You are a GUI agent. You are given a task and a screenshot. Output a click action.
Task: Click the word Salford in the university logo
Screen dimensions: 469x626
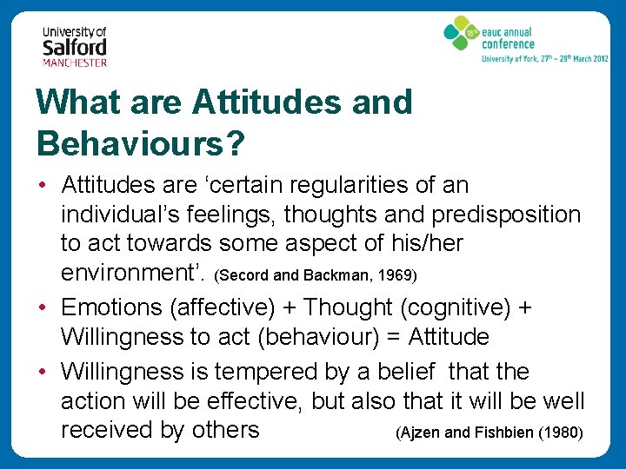click(x=75, y=47)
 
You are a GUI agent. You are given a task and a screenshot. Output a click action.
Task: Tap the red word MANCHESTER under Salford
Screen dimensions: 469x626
click(x=75, y=63)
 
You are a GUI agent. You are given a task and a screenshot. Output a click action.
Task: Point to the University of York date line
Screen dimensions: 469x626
click(x=545, y=59)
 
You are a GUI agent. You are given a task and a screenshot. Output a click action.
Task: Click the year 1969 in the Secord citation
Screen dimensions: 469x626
click(x=399, y=276)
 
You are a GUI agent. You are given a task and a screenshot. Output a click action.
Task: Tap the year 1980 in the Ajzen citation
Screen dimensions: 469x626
click(x=560, y=433)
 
